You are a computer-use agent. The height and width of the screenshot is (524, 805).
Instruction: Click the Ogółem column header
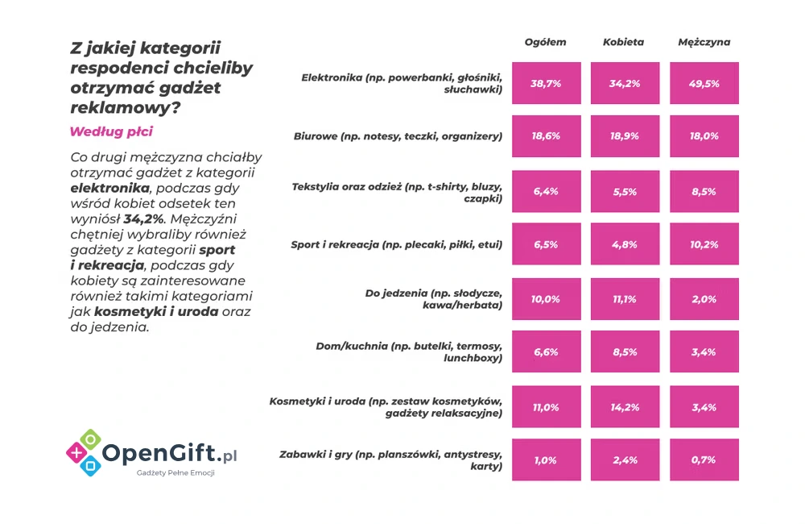click(545, 42)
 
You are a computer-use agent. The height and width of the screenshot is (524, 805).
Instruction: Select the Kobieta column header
click(624, 42)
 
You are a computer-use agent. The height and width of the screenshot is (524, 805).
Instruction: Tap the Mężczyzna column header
click(704, 42)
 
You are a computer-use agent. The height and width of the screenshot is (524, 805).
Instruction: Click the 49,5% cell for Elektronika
click(704, 83)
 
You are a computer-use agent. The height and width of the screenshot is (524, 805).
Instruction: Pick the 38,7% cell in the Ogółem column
click(545, 83)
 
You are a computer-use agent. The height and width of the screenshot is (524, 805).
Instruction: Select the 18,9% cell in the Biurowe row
click(624, 136)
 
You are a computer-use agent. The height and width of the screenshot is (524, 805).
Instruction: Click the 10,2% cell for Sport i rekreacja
click(704, 244)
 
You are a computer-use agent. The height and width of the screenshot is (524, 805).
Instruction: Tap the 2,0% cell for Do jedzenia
click(704, 299)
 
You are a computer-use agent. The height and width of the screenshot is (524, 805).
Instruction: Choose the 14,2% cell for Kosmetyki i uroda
click(624, 407)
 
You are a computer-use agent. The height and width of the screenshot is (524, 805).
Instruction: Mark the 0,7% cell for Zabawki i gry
click(704, 460)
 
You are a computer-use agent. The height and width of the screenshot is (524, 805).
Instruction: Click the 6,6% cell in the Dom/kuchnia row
click(545, 352)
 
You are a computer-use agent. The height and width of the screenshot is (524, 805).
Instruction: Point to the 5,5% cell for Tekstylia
click(624, 191)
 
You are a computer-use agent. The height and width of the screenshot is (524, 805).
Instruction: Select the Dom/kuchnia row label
click(410, 352)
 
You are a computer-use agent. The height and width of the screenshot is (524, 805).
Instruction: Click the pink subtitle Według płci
click(111, 131)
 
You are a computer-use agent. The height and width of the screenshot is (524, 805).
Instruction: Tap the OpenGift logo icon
click(83, 451)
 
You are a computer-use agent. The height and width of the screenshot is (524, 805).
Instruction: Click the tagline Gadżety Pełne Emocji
click(175, 473)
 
